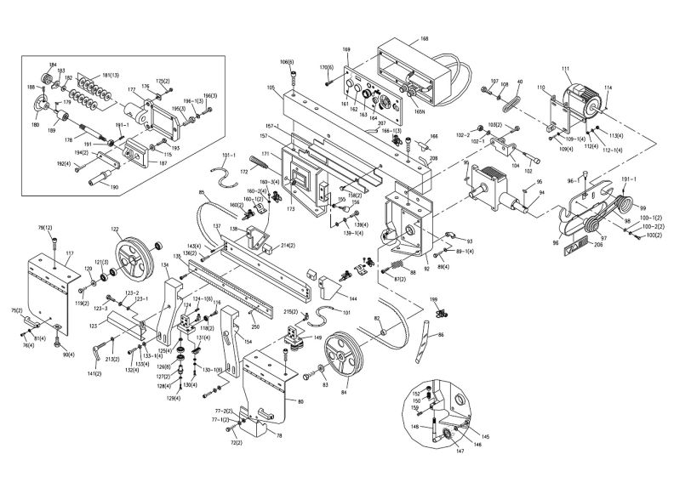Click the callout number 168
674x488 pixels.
tap(425, 39)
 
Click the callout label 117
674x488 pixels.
tap(69, 254)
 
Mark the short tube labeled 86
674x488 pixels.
tap(422, 344)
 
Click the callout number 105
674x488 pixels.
tap(271, 88)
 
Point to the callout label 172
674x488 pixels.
tap(243, 172)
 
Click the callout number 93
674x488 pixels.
tap(460, 240)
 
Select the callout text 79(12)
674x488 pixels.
tap(45, 228)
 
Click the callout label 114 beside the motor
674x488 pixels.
tap(608, 89)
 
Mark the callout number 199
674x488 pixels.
tap(433, 300)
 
